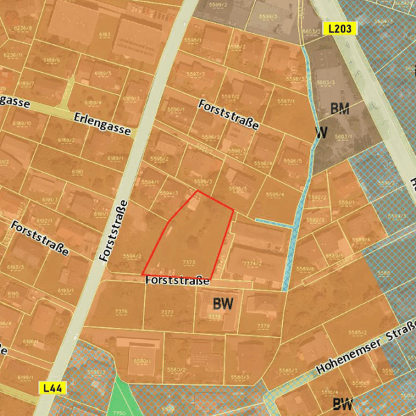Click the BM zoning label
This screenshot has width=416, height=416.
(340, 108)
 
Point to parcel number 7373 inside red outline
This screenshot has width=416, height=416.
(188, 262)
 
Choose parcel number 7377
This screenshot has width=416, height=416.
(167, 313)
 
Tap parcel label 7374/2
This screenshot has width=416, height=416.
(252, 264)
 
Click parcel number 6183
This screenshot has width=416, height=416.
(105, 34)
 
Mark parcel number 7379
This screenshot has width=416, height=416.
(263, 326)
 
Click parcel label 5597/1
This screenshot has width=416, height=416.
(286, 101)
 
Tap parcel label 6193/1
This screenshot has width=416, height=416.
(66, 291)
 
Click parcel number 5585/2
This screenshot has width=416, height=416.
(358, 333)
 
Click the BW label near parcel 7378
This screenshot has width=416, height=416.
(223, 303)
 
